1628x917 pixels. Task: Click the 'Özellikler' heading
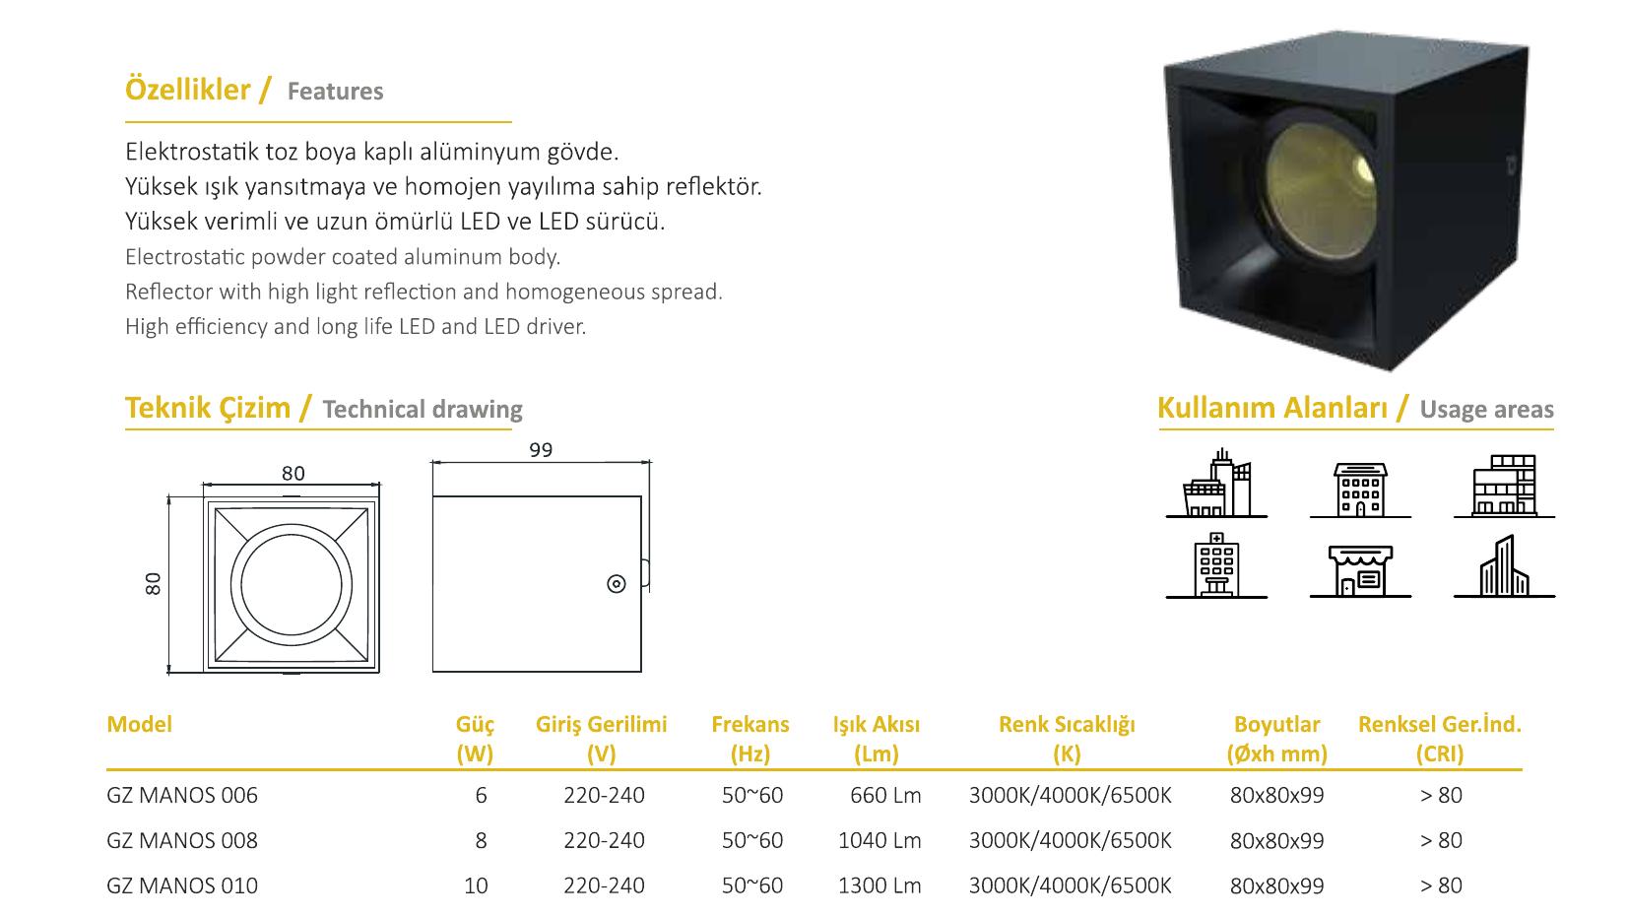(187, 90)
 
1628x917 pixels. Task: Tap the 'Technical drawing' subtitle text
(423, 410)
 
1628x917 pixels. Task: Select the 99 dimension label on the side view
(541, 450)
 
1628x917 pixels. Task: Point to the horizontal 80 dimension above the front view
(293, 474)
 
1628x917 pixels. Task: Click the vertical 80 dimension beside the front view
(153, 583)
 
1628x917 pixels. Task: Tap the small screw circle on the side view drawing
(617, 583)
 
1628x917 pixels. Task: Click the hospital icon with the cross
(1216, 565)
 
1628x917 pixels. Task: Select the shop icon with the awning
(1360, 570)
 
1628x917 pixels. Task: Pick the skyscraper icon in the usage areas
(1504, 566)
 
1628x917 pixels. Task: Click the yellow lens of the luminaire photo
(1323, 192)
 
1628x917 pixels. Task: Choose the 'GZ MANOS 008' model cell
(181, 841)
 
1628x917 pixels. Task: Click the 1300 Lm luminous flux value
(879, 885)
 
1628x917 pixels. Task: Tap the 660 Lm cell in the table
(885, 795)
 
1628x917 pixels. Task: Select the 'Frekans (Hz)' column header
(750, 739)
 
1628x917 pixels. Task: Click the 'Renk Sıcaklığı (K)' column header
(1067, 739)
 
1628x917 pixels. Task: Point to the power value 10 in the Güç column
(476, 885)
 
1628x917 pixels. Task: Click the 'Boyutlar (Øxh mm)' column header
(1277, 739)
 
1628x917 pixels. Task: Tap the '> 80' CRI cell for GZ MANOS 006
(1441, 795)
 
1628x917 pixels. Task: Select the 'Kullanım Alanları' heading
(1271, 409)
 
